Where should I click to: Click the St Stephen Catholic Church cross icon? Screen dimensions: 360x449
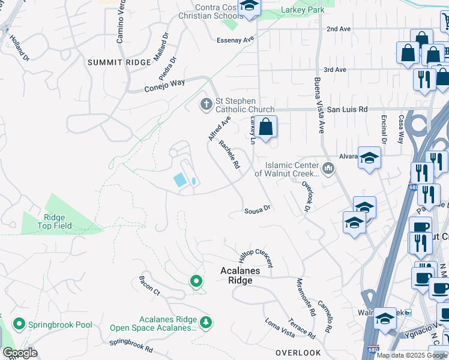coord(206,105)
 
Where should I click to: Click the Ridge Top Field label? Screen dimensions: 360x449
coord(58,222)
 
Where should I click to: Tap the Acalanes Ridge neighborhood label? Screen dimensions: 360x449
coord(240,275)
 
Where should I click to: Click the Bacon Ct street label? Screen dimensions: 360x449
coord(149,287)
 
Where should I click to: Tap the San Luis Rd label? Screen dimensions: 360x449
coord(347,110)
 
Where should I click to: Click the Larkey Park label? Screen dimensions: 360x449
coord(303,10)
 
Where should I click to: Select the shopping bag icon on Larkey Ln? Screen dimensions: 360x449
coord(267,127)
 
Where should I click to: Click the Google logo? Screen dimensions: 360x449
coord(20,353)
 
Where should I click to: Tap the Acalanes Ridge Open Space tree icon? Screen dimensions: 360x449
coord(206,323)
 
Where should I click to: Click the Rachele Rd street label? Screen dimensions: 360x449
coord(229,154)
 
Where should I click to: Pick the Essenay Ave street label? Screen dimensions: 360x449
coord(236,40)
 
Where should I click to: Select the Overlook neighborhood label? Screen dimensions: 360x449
coord(298,352)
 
